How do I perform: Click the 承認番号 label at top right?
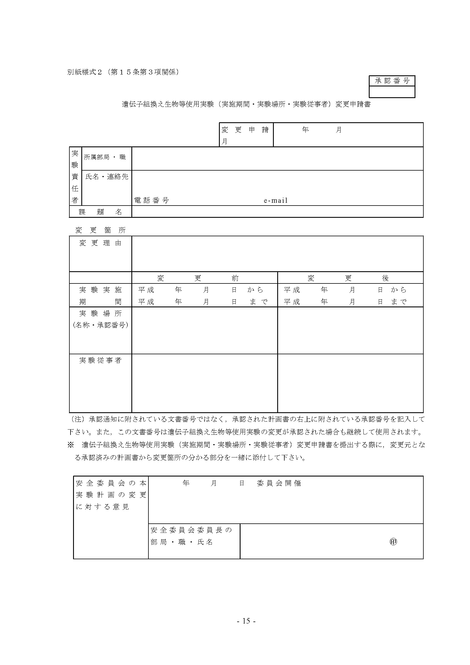[x=392, y=81]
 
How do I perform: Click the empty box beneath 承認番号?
[x=392, y=92]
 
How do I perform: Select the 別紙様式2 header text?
[x=84, y=72]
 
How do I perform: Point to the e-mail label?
[x=276, y=200]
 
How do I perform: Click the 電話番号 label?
[x=152, y=200]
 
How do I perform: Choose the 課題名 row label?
[x=100, y=212]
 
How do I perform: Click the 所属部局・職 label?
[x=105, y=157]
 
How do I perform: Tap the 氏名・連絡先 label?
[x=107, y=177]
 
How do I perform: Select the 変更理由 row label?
[x=100, y=243]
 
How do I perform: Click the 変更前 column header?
[x=198, y=278]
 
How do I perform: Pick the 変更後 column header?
[x=348, y=278]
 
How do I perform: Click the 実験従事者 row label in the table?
[x=100, y=361]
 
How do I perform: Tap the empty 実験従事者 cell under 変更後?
[x=350, y=383]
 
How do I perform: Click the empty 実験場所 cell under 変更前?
[x=204, y=330]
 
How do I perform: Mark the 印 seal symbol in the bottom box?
[x=393, y=542]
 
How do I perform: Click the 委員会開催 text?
[x=279, y=483]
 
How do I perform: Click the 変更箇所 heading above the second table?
[x=100, y=230]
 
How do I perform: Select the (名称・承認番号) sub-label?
[x=100, y=325]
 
